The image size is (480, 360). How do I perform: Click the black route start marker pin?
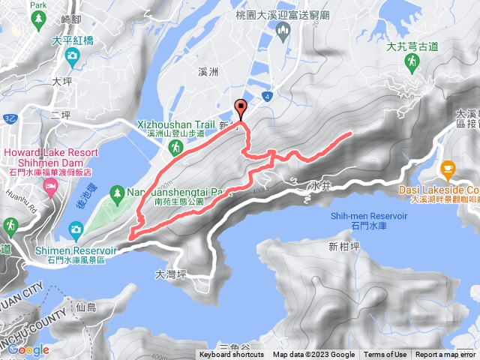240,106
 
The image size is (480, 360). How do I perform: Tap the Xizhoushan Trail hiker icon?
174,150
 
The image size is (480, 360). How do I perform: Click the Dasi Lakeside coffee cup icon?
448,167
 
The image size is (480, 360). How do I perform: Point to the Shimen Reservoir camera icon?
75,228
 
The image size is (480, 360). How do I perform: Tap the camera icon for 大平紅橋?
73,55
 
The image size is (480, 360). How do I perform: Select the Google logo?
28,349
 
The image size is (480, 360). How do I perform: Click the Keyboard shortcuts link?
232,355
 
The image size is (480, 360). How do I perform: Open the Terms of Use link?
385,355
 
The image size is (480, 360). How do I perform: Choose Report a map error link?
445,355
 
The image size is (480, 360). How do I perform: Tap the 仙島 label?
86,307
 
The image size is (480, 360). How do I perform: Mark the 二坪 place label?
60,115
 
